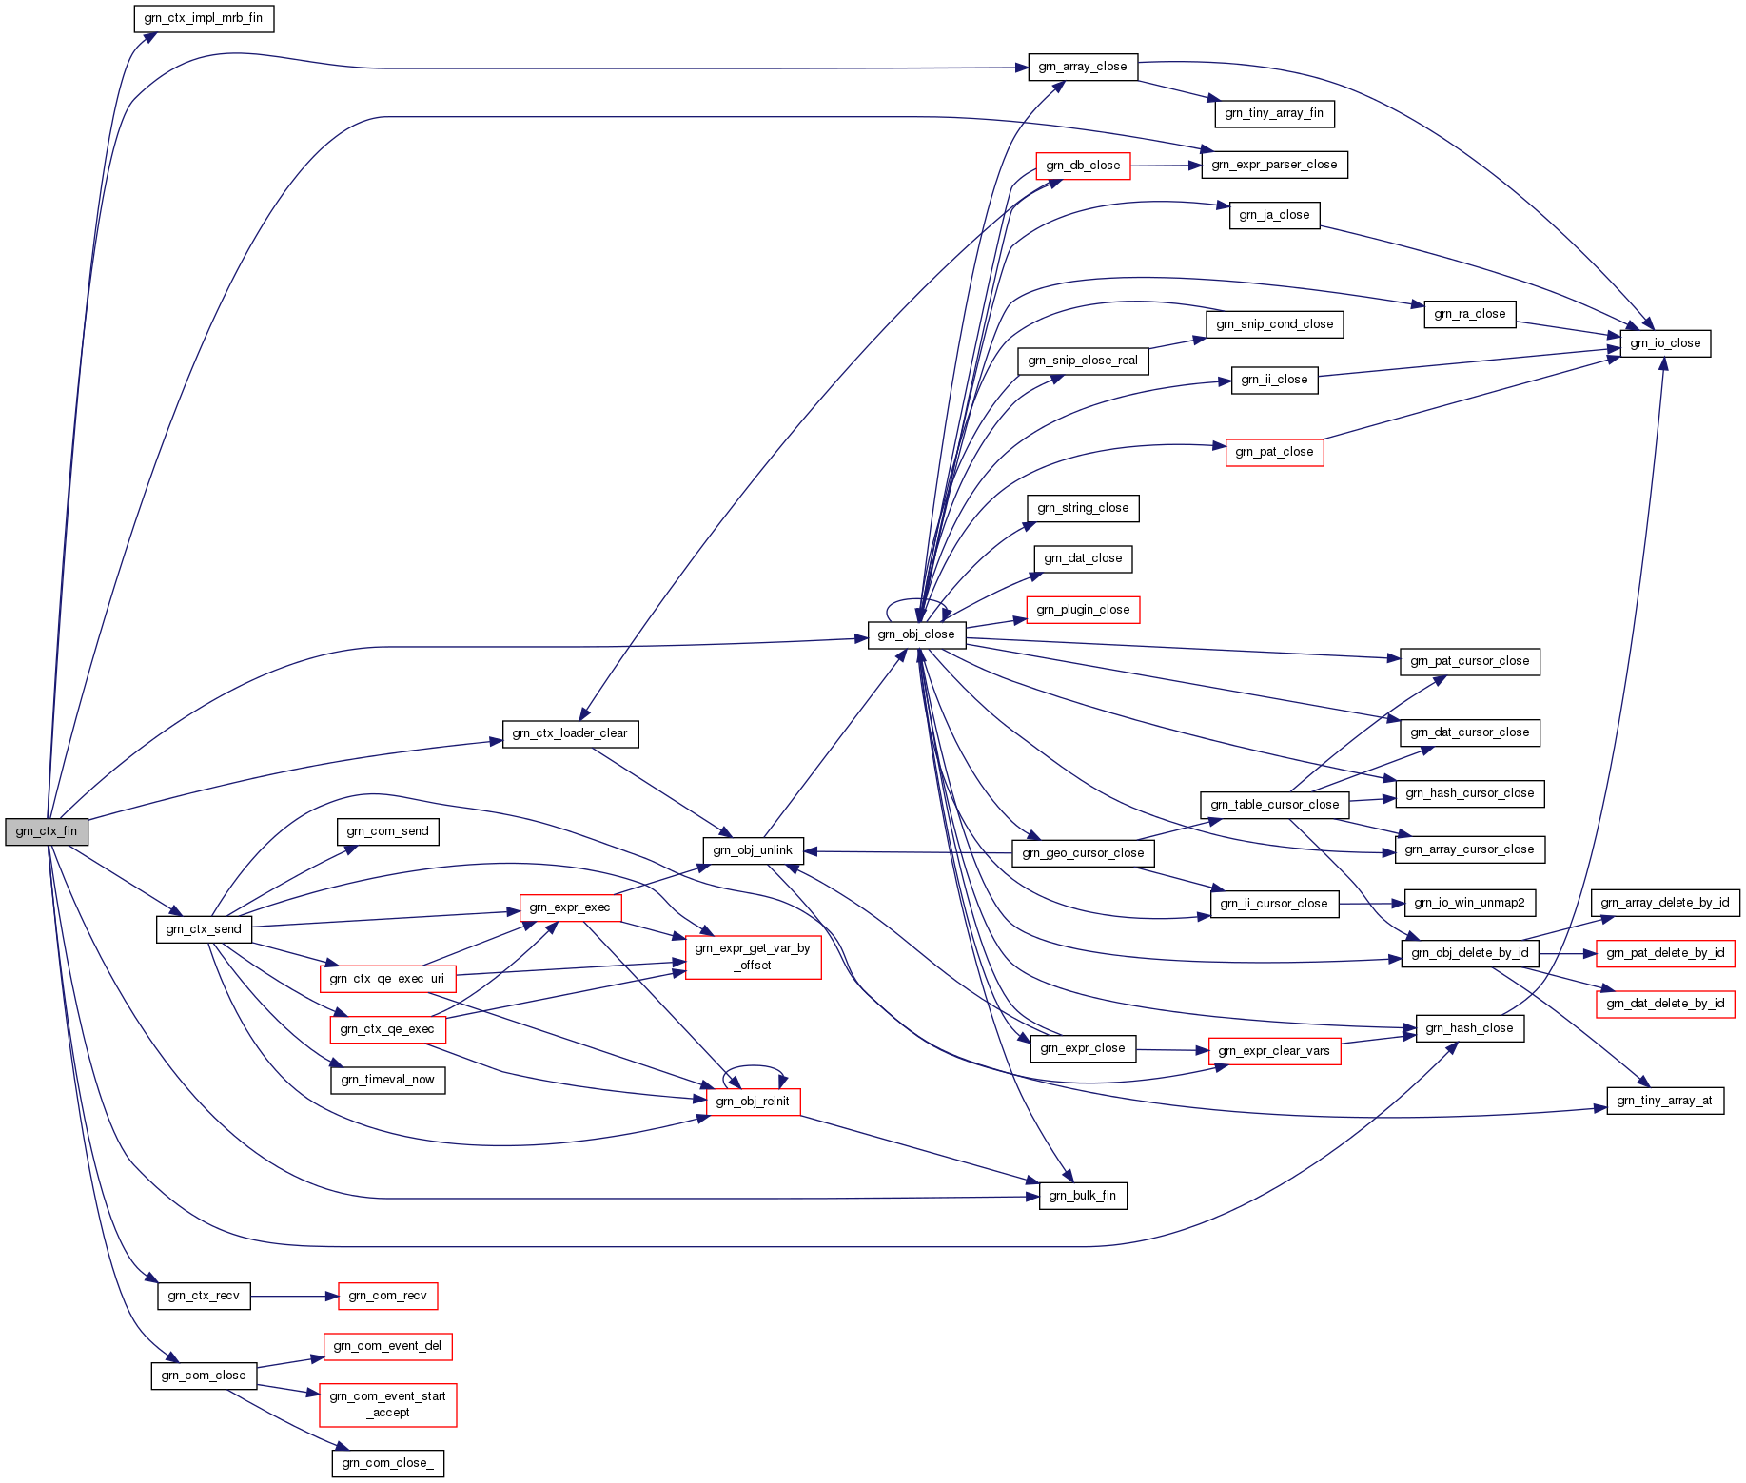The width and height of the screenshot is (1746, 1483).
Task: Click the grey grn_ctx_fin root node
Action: [47, 831]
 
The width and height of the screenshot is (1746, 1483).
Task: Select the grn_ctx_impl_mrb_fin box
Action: [204, 18]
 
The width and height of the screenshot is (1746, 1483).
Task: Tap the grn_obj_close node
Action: [916, 634]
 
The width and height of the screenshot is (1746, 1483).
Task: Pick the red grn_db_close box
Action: [1083, 166]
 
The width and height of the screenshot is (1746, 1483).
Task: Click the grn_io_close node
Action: [1665, 343]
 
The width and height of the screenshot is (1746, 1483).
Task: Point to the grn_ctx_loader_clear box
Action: [570, 733]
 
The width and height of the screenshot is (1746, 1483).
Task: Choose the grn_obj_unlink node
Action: [753, 850]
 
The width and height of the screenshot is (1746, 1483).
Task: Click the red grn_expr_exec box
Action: [570, 907]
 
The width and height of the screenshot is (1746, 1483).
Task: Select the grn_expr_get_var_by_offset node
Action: [753, 957]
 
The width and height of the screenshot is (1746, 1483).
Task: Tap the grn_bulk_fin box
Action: [1083, 1196]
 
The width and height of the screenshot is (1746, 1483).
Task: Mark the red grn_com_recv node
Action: [387, 1296]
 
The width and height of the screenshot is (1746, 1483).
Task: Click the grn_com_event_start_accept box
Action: [387, 1405]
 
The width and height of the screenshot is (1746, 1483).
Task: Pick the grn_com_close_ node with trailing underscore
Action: [387, 1463]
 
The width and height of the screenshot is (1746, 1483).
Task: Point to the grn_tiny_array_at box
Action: [1665, 1101]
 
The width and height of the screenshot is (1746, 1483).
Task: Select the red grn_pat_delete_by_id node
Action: [1665, 953]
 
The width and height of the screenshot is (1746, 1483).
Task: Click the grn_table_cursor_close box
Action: [1274, 805]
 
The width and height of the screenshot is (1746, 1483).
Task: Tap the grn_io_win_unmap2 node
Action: [1469, 903]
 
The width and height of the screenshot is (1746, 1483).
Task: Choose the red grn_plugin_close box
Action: [1083, 610]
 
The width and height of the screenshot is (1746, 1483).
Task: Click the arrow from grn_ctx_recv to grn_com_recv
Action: [294, 1296]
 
